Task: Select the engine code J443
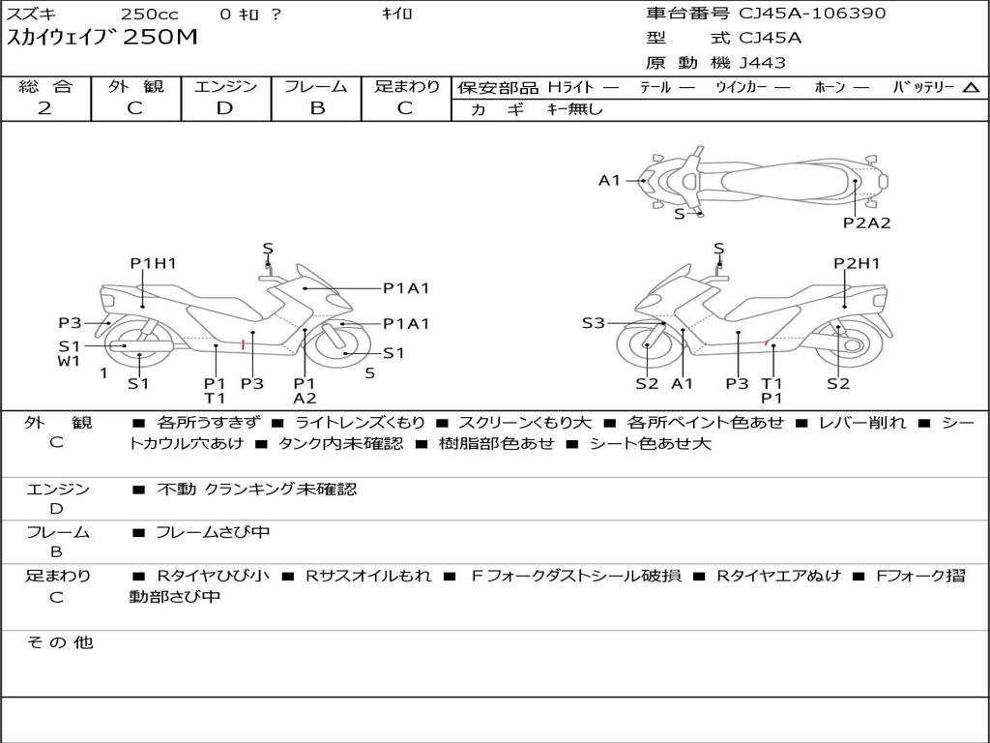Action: pos(763,63)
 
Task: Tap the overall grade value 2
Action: pos(44,108)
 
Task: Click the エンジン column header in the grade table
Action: pos(225,86)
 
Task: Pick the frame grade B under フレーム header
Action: pos(316,108)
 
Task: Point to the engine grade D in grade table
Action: pos(225,108)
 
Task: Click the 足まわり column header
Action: pos(407,86)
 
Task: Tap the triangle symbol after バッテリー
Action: pos(971,87)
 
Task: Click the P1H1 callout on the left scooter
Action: pos(154,263)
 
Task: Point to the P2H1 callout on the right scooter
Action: pos(857,263)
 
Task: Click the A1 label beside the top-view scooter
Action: pos(609,180)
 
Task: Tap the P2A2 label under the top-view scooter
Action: pos(866,223)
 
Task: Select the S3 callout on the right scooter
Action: pos(593,323)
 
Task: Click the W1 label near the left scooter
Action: pos(69,362)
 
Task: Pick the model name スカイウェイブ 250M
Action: pos(102,38)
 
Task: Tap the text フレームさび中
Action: pos(213,532)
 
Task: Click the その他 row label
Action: pos(59,642)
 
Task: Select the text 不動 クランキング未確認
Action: pos(256,490)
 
